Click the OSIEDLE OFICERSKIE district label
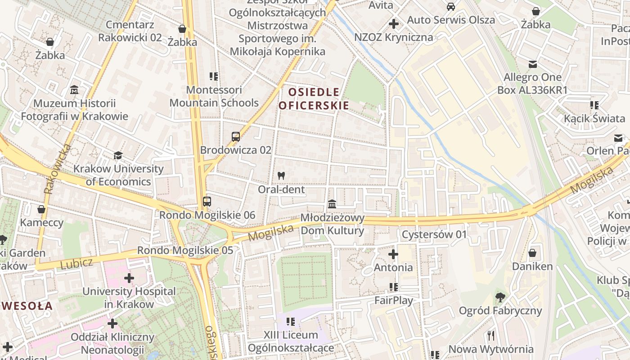(314, 99)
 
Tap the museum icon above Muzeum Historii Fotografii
(74, 90)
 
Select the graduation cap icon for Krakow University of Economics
(118, 156)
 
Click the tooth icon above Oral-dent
(282, 176)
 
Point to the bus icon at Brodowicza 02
(235, 137)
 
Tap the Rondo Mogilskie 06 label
(207, 215)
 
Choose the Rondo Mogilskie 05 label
(185, 250)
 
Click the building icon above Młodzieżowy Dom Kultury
(332, 204)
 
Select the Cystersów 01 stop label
(434, 234)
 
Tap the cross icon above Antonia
(393, 254)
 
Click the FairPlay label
(394, 300)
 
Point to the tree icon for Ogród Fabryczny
(499, 297)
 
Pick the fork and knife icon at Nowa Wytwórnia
(491, 335)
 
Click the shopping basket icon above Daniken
(532, 253)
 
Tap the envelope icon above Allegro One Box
(533, 64)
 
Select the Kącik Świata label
(594, 118)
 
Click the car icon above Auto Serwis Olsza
(450, 7)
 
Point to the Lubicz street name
(76, 263)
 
